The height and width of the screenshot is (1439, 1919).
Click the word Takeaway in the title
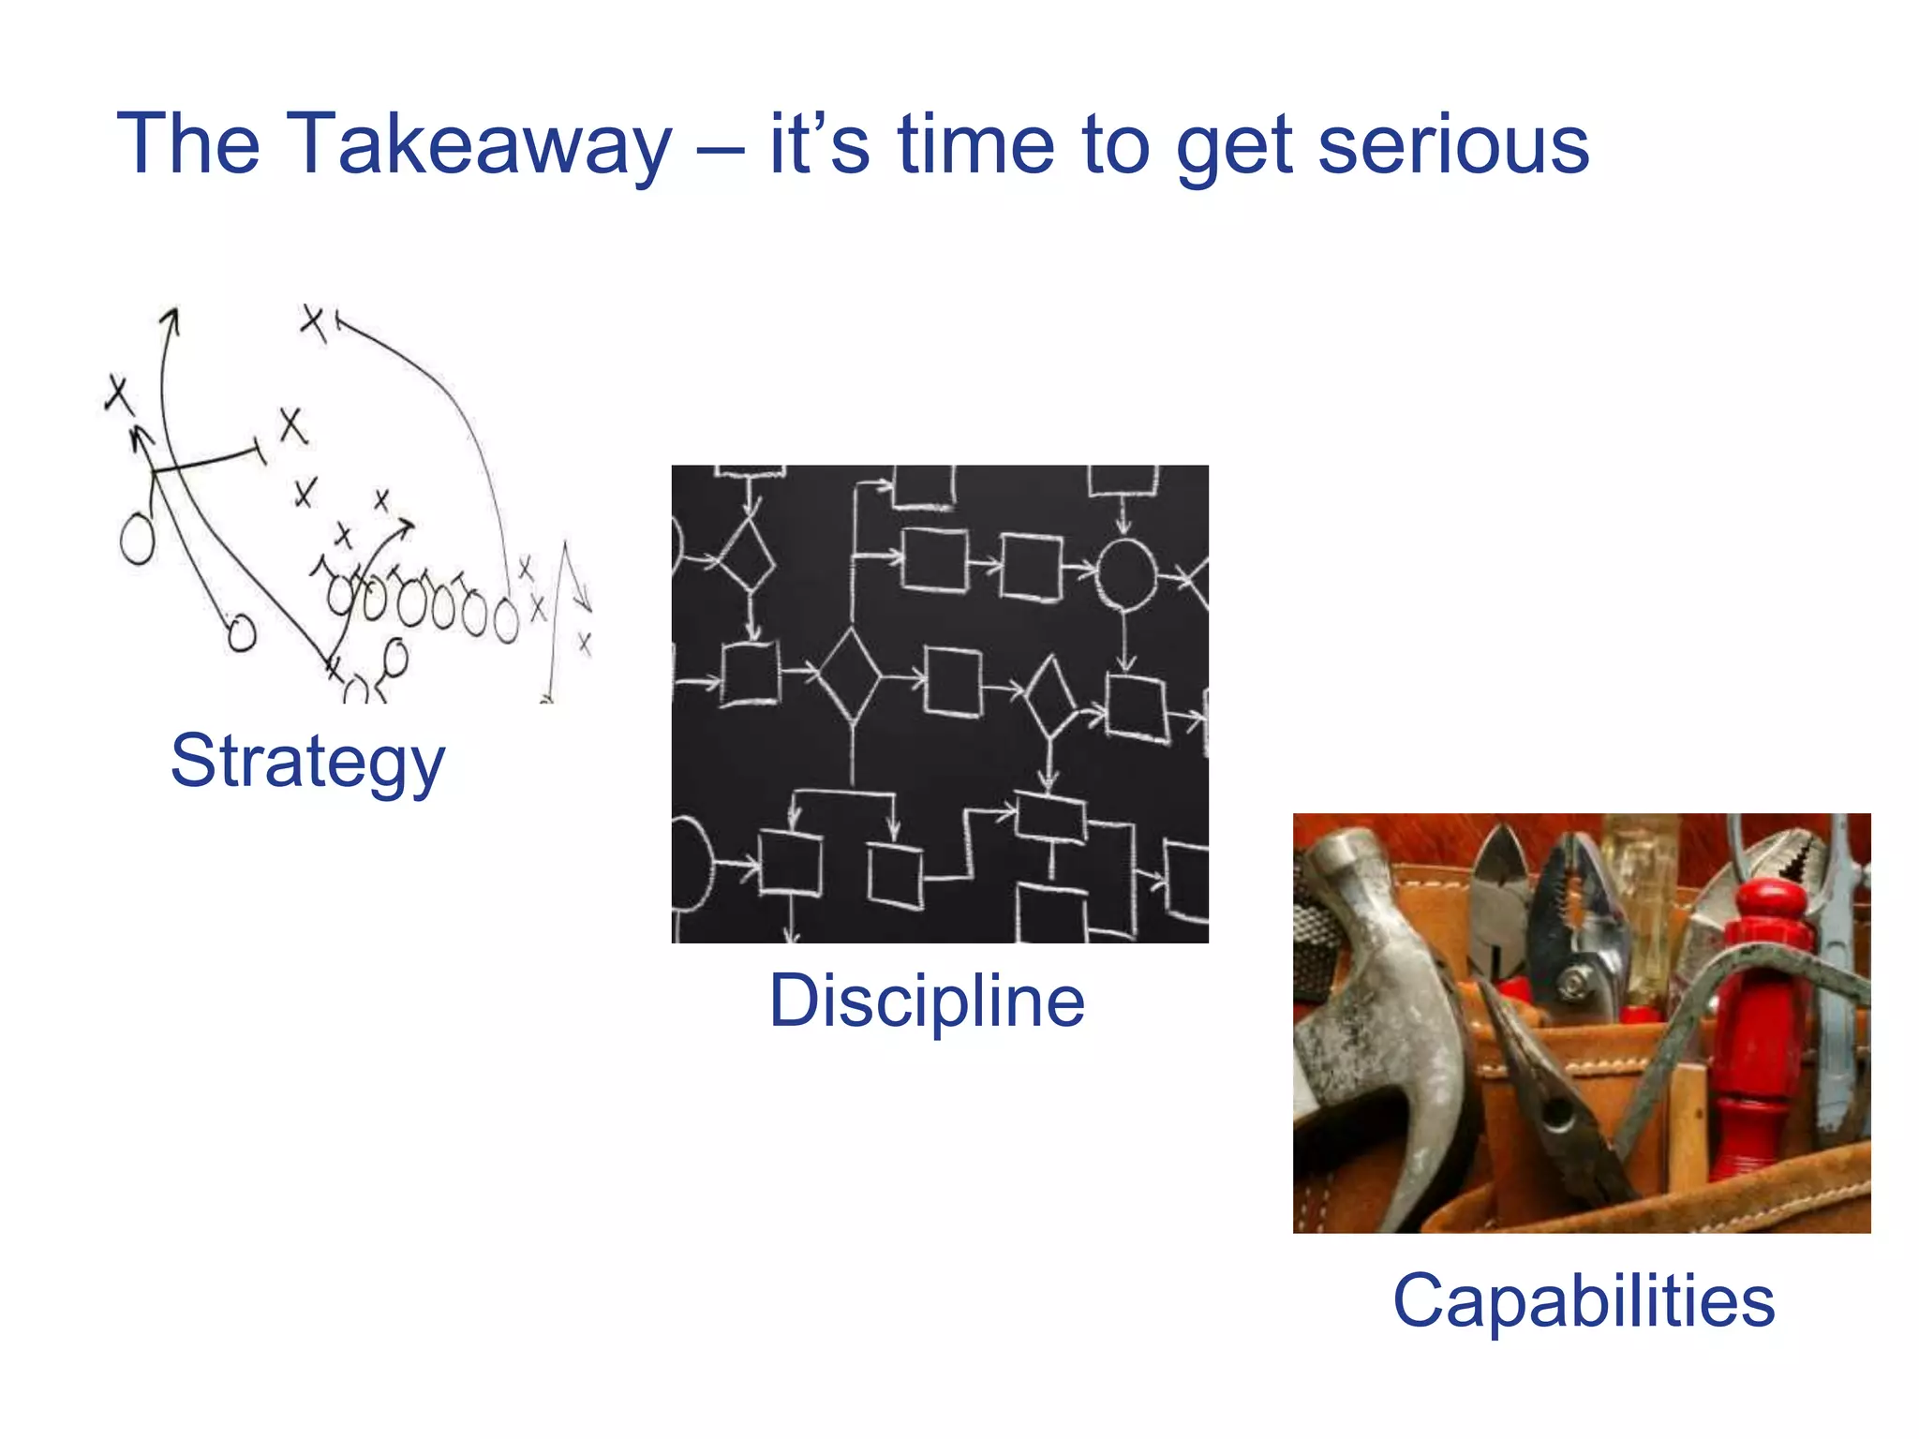point(478,144)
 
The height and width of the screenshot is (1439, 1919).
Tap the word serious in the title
point(1453,144)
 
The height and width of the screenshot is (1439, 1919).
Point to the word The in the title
point(187,144)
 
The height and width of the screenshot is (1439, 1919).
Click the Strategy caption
point(307,761)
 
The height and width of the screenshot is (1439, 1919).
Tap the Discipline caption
point(927,1001)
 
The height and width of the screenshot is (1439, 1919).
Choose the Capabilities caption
point(1584,1300)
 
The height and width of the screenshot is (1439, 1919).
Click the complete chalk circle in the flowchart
point(1125,573)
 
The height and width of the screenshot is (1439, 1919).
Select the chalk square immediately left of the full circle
point(1031,567)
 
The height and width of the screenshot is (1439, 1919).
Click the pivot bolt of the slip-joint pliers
point(1576,981)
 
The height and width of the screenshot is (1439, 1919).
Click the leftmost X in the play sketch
point(118,394)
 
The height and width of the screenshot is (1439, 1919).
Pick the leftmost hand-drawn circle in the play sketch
point(137,539)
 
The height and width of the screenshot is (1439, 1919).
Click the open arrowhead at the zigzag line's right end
point(583,600)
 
